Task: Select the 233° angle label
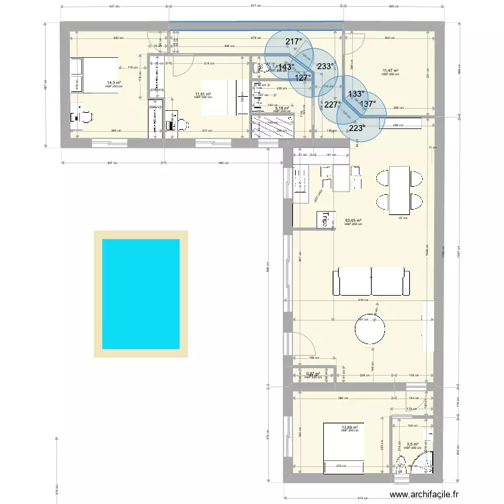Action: click(325, 66)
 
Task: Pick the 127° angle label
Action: click(303, 77)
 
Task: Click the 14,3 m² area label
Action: click(113, 83)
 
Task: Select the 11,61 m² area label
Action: click(203, 94)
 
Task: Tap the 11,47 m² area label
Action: click(390, 71)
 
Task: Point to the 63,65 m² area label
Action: click(353, 220)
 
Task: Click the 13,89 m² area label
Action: click(349, 427)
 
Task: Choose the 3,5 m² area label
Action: click(412, 444)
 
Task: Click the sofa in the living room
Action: click(372, 281)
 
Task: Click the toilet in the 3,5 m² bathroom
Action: click(401, 464)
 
